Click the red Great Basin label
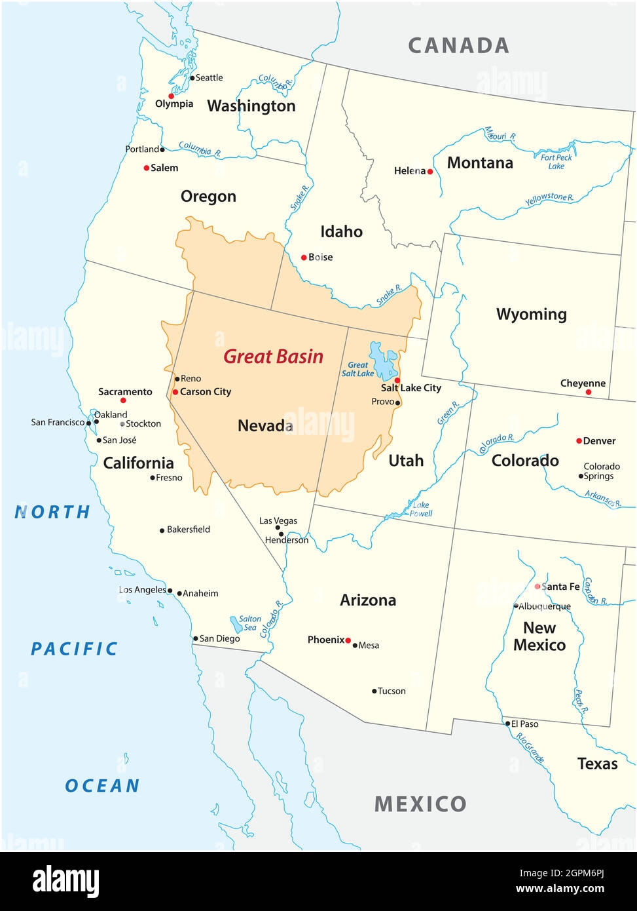[273, 357]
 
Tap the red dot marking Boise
[304, 258]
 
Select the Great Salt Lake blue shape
[383, 360]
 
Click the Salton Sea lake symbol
[236, 623]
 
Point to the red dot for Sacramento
[123, 400]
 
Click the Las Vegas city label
[278, 520]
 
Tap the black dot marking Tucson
[374, 691]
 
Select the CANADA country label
[458, 45]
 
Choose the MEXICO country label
[420, 804]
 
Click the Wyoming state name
[531, 314]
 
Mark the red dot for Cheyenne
[588, 392]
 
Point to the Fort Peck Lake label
[556, 161]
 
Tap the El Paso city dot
[507, 724]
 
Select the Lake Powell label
[420, 509]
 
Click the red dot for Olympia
[172, 96]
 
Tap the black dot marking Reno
[177, 379]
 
